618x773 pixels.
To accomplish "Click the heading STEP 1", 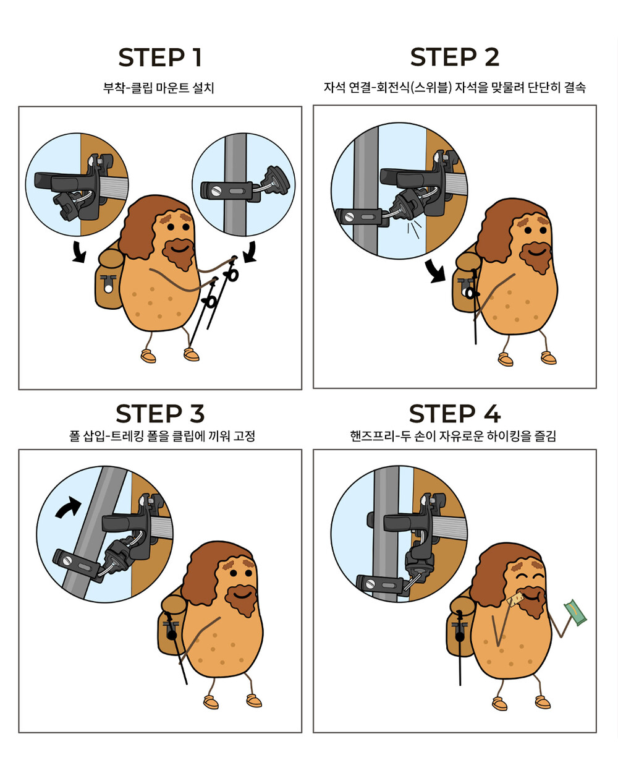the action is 160,58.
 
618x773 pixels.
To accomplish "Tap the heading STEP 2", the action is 455,58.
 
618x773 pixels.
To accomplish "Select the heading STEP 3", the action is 160,414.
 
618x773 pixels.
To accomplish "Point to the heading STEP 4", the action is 455,414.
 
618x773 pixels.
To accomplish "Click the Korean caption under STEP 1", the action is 158,88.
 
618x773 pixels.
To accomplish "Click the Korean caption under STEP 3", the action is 162,436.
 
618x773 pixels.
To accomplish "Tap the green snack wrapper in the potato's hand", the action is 575,612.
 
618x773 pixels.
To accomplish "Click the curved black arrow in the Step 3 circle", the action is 68,508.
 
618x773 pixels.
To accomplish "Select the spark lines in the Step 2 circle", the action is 413,229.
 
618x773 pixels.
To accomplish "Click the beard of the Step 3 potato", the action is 241,599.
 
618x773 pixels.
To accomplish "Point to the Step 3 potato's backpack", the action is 172,625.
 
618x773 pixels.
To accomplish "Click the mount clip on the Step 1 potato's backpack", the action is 108,283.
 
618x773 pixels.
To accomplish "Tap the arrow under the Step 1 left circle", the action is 78,252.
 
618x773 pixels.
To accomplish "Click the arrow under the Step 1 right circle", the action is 250,252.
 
